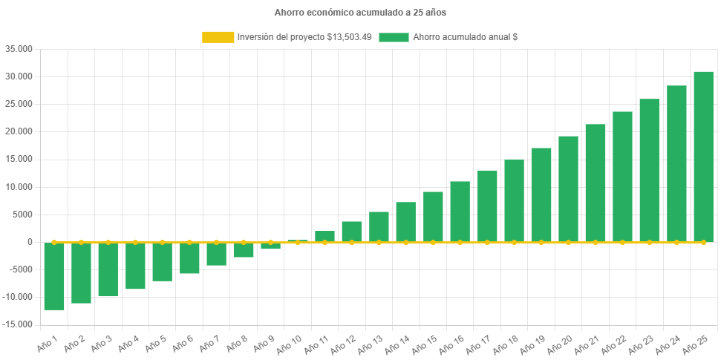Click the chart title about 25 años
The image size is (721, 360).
360,13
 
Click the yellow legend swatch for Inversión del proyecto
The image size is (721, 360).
217,36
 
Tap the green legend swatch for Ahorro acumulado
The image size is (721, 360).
394,36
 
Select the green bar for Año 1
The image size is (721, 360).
54,276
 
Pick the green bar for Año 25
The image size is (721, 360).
703,157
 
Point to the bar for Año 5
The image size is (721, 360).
162,262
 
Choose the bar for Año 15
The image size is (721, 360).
433,217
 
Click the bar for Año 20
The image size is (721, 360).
568,189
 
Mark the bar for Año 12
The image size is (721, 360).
352,232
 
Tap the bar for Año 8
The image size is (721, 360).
244,250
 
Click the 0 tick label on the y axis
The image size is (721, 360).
30,242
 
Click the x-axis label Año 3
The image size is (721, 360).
102,342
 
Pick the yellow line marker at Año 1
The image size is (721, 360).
54,242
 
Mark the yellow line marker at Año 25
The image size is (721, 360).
703,242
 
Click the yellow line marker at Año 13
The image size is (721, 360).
379,242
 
